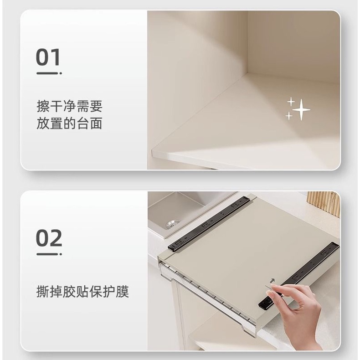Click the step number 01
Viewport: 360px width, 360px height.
pos(48,57)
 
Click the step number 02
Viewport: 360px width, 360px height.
pos(49,238)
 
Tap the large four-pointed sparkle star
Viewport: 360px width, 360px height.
pos(302,110)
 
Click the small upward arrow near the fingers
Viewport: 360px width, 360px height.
pos(273,281)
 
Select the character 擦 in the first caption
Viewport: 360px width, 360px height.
pos(43,106)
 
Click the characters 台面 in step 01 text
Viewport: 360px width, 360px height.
pos(89,123)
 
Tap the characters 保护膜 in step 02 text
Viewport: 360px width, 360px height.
pos(109,292)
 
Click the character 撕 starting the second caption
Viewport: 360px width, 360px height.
pos(43,292)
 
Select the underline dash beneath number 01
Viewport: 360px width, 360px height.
pos(49,73)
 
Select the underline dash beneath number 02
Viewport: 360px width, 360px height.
pos(49,254)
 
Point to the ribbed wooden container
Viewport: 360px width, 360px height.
pos(324,203)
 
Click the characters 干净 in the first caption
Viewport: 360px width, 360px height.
pos(63,106)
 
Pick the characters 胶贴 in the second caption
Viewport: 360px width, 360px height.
pos(76,292)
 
